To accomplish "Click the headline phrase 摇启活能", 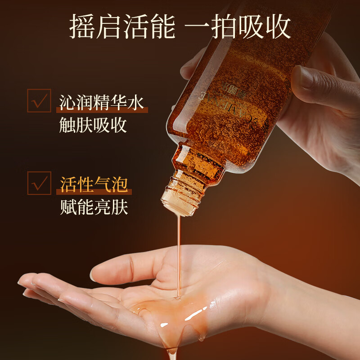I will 121,26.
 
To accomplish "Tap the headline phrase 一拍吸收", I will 238,26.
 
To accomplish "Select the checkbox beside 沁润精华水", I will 39,100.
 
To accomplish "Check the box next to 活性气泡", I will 39,183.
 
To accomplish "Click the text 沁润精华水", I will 102,102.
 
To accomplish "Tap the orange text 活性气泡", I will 94,184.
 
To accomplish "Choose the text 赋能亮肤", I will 94,207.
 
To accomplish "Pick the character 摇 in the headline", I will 81,26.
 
